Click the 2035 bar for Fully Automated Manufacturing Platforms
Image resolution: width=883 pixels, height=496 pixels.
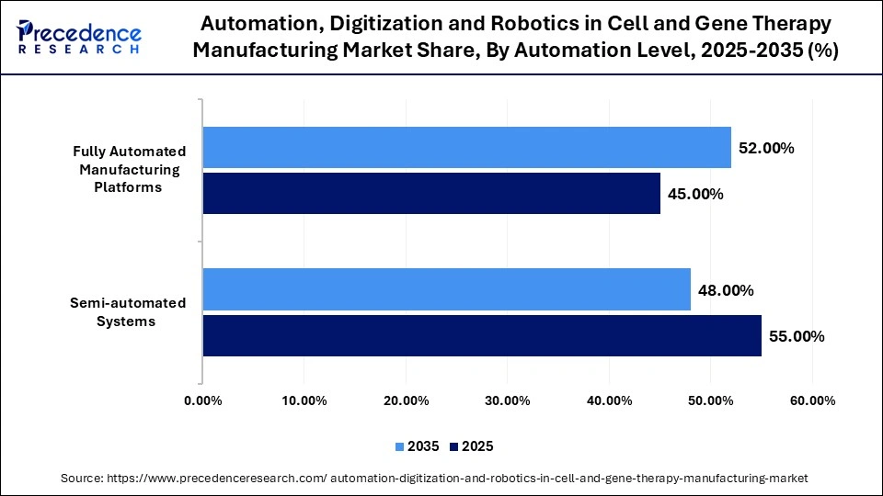(466, 147)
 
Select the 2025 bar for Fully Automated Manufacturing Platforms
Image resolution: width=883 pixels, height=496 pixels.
(431, 193)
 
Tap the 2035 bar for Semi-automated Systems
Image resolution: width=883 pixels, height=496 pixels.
(446, 289)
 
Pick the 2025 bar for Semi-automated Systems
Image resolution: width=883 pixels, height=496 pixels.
(482, 335)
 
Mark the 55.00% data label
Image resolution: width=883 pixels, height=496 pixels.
(797, 336)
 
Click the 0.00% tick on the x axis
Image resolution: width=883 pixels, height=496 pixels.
(203, 400)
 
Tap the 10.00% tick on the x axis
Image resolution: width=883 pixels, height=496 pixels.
(304, 400)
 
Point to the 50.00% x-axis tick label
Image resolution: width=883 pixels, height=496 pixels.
(710, 400)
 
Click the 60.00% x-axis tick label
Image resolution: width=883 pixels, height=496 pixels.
(811, 400)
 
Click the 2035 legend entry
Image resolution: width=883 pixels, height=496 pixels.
(418, 446)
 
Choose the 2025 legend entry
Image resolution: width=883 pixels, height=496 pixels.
(472, 446)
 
